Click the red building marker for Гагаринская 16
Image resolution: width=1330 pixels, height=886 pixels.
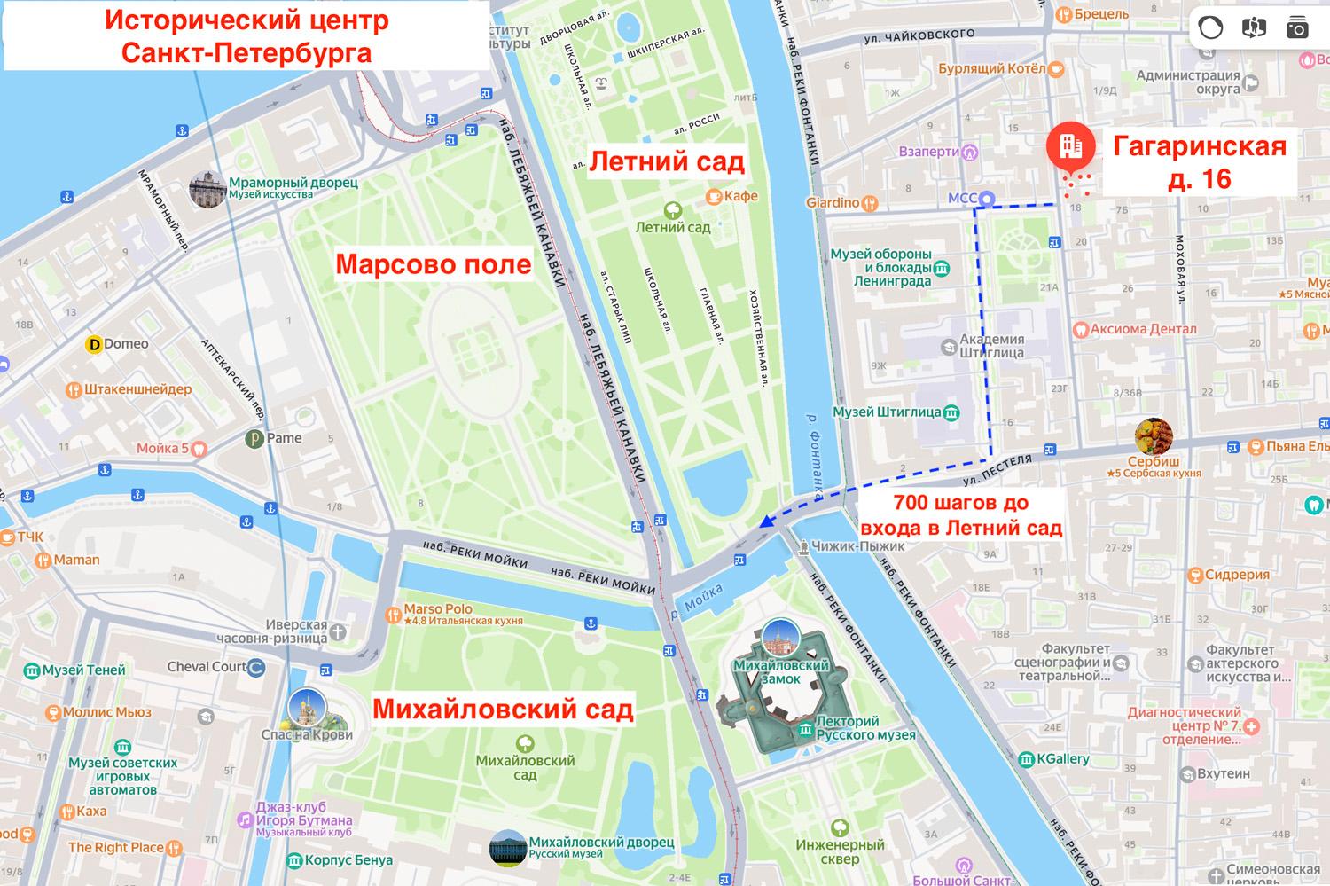click(x=1070, y=145)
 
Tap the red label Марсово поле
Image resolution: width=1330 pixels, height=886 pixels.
click(x=433, y=264)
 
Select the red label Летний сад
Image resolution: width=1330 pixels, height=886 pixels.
click(x=667, y=161)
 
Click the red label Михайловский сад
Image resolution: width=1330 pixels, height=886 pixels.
click(x=503, y=710)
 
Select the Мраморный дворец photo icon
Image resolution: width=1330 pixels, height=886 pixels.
click(x=207, y=188)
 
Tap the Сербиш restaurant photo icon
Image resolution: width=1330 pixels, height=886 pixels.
click(x=1154, y=436)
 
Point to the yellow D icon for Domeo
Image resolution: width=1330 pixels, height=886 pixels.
click(x=92, y=344)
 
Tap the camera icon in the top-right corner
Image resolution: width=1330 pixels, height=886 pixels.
click(x=1297, y=27)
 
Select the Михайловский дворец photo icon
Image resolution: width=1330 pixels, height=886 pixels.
click(x=508, y=847)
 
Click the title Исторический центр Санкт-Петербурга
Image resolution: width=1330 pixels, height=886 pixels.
click(x=246, y=36)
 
